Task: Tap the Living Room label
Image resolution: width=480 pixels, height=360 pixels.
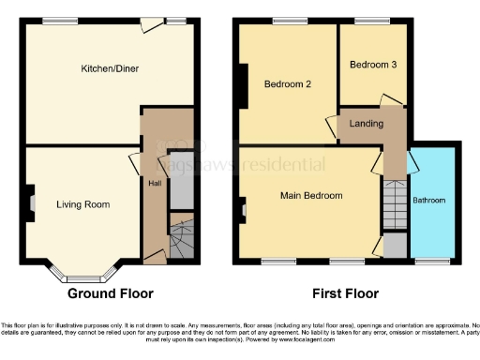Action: tap(82, 204)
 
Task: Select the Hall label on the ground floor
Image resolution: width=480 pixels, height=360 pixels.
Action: tap(153, 183)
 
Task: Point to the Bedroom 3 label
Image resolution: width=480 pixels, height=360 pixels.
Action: tap(369, 65)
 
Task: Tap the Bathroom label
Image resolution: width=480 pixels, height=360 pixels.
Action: tap(429, 201)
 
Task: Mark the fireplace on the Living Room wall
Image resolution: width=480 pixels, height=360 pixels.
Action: tap(31, 201)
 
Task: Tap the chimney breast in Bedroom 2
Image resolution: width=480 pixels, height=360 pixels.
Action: tap(244, 86)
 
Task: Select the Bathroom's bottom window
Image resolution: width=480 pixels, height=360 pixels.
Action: tap(432, 261)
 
